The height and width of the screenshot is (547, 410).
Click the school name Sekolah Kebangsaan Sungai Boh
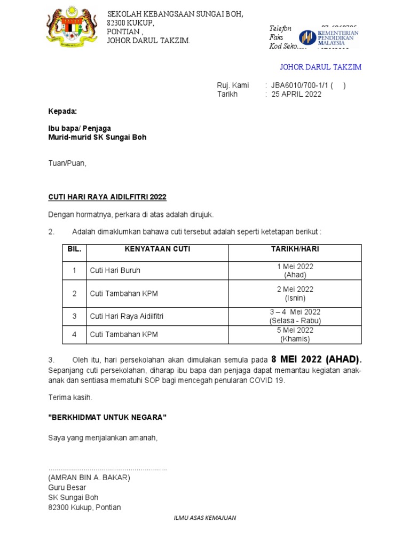pyautogui.click(x=175, y=14)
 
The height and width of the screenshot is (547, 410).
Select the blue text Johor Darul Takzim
pyautogui.click(x=321, y=67)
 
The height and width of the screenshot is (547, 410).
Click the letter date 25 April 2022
pyautogui.click(x=298, y=94)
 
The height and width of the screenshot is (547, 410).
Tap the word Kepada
pyautogui.click(x=62, y=112)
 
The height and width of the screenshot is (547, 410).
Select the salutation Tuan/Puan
pyautogui.click(x=67, y=163)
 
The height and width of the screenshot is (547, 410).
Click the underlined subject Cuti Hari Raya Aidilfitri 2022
pyautogui.click(x=107, y=197)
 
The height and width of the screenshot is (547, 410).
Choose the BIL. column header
pyautogui.click(x=74, y=249)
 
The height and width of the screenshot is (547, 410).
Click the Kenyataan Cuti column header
pyautogui.click(x=157, y=249)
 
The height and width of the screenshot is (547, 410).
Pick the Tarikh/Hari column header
pyautogui.click(x=295, y=249)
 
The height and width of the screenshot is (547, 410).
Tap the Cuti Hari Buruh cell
pyautogui.click(x=115, y=270)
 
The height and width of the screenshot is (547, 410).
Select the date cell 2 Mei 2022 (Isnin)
pyautogui.click(x=295, y=293)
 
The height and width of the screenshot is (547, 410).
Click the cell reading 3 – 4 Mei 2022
pyautogui.click(x=295, y=312)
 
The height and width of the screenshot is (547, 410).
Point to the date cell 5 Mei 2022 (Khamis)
pyautogui.click(x=295, y=334)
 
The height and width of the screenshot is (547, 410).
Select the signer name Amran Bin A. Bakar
pyautogui.click(x=89, y=478)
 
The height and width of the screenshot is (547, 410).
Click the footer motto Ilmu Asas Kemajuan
pyautogui.click(x=205, y=518)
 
